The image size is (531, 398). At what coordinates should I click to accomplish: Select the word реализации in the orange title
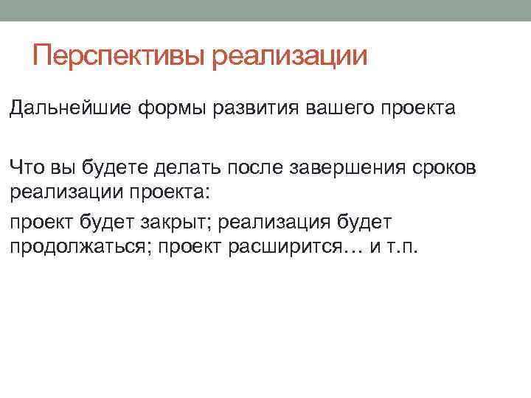click(289, 56)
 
